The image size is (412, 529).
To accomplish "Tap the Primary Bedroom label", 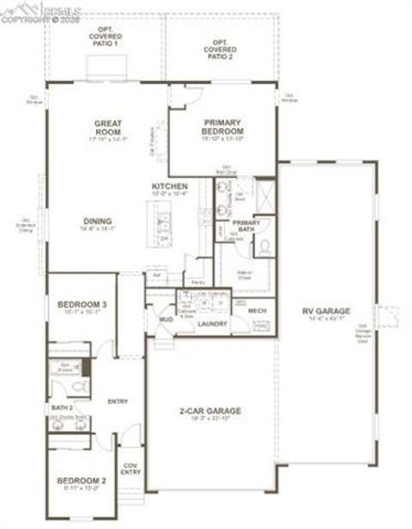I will [x=223, y=126].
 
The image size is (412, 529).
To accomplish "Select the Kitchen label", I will [x=170, y=186].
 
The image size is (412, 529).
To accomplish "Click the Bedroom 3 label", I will [x=82, y=305].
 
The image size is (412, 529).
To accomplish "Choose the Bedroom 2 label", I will [x=82, y=480].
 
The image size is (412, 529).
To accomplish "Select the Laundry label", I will [x=212, y=324].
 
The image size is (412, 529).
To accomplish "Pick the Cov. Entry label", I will [x=131, y=469].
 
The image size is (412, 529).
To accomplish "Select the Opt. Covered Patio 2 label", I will [x=221, y=48].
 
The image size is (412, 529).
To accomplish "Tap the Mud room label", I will [x=165, y=319].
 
